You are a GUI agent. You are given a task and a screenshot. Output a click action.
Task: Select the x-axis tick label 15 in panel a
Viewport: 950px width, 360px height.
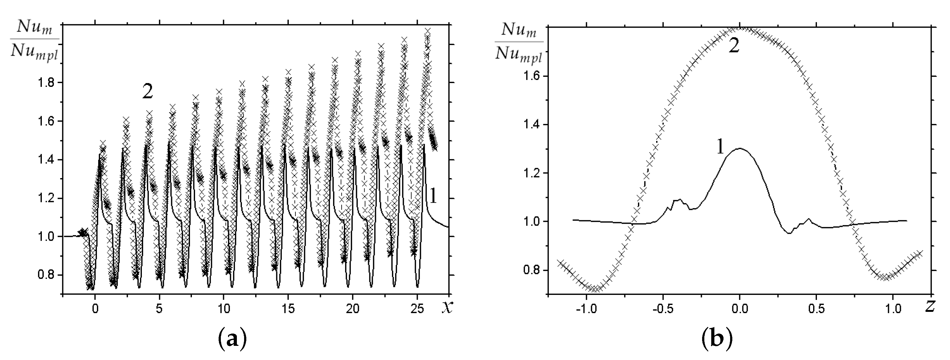pyautogui.click(x=288, y=309)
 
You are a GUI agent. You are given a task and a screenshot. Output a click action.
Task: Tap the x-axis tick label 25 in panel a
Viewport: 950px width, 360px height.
pyautogui.click(x=417, y=309)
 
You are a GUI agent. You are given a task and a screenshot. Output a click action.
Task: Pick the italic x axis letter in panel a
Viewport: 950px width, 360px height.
pyautogui.click(x=446, y=308)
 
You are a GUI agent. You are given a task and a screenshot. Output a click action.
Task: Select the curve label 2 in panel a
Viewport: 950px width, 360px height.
pyautogui.click(x=147, y=92)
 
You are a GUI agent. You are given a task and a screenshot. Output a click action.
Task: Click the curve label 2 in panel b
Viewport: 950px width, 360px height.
pyautogui.click(x=734, y=47)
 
